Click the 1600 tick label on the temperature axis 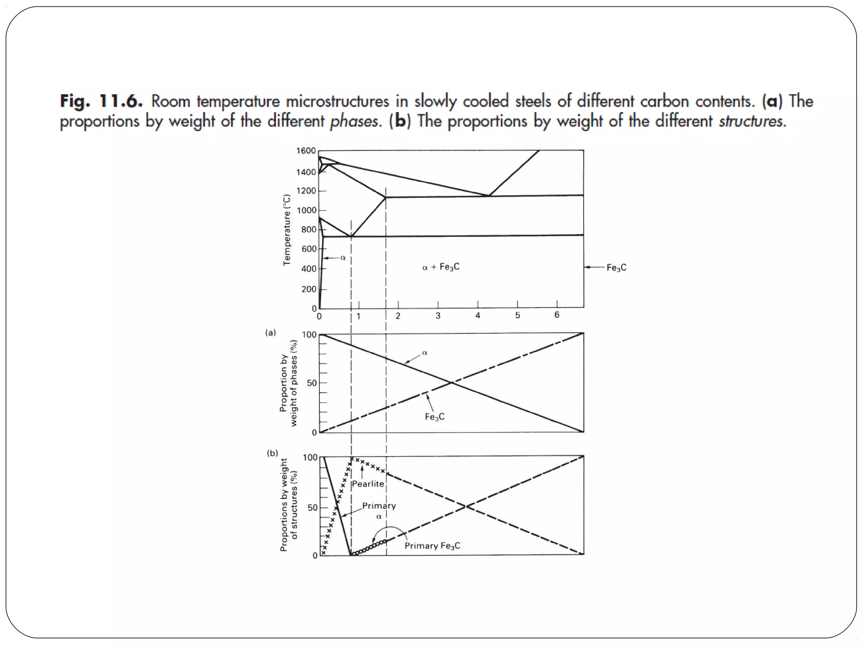click(306, 151)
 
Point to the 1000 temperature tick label click(306, 211)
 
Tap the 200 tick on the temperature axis click(308, 289)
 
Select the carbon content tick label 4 click(478, 315)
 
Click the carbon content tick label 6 click(557, 315)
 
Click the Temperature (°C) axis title click(287, 230)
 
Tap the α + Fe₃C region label click(441, 267)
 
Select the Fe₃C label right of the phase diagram click(616, 267)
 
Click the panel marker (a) click(271, 333)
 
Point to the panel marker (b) click(272, 453)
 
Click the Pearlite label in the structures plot click(368, 484)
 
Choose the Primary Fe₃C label click(432, 546)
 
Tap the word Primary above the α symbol click(379, 506)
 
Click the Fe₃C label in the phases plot click(434, 417)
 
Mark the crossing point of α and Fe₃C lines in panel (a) click(451, 382)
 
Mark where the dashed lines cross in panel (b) click(466, 506)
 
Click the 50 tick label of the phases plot click(312, 383)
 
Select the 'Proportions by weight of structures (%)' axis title click(289, 505)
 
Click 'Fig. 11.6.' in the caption click(102, 102)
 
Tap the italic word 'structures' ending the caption click(750, 121)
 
